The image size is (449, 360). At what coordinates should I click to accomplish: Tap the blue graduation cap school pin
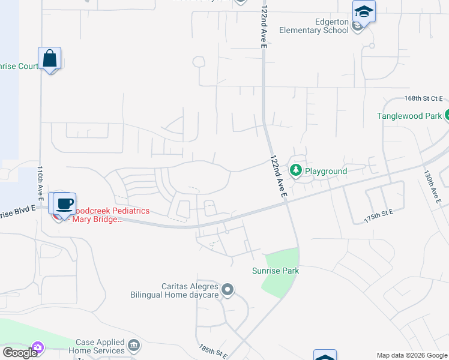[364, 11]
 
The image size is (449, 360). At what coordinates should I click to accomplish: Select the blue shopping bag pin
[50, 59]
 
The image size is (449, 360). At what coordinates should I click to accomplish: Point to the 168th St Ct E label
[423, 98]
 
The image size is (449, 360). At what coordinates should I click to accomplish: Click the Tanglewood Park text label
[409, 116]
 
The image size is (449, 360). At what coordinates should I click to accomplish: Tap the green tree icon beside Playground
[296, 171]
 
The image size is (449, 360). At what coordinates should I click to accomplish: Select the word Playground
[326, 171]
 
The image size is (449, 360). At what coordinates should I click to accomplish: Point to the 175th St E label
[378, 217]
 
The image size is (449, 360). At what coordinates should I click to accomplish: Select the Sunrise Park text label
[276, 271]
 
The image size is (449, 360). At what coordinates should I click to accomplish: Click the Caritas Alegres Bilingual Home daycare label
[175, 291]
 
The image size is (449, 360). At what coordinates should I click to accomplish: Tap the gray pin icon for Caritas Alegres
[227, 291]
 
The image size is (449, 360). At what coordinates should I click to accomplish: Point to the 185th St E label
[213, 352]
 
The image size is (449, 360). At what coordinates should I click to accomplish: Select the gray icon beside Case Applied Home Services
[134, 346]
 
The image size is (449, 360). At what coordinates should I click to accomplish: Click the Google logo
[19, 353]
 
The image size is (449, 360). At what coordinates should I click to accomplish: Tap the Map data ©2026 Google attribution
[412, 355]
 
